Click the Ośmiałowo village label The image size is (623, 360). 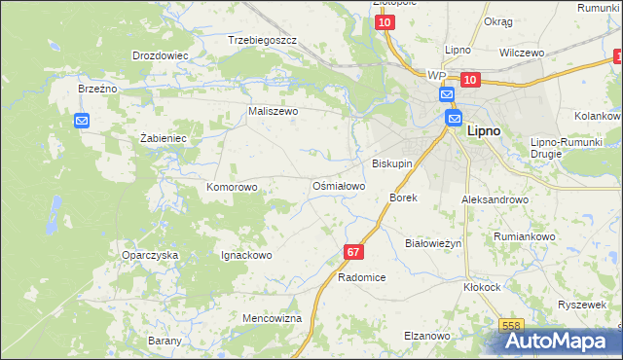pos(338,185)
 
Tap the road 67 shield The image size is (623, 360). pos(353,252)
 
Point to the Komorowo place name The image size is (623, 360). pos(232,186)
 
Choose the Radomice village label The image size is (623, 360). pos(361,277)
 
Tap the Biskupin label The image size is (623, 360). pos(393,163)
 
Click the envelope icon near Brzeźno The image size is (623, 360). pos(82,121)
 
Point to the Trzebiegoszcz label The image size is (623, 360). pos(261,41)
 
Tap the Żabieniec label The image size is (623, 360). pos(163,138)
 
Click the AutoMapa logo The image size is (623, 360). pos(564,341)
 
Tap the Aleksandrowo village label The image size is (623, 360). pos(495,199)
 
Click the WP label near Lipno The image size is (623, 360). pos(436,75)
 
